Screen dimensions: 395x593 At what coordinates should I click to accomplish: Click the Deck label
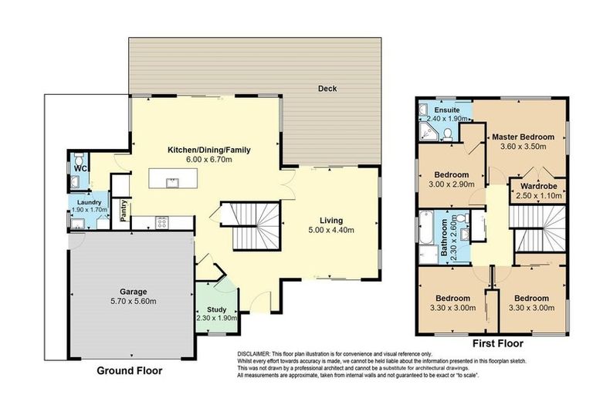click(327, 89)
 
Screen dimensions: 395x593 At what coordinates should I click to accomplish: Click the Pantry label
click(121, 211)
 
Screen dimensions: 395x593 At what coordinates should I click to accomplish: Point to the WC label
click(80, 169)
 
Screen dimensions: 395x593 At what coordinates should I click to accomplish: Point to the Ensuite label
click(446, 110)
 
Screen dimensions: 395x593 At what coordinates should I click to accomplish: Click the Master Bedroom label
click(528, 135)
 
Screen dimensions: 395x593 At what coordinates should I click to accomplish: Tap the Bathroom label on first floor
click(445, 237)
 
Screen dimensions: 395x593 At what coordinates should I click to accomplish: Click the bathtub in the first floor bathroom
click(426, 237)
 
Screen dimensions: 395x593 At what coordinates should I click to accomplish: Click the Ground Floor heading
click(129, 370)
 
